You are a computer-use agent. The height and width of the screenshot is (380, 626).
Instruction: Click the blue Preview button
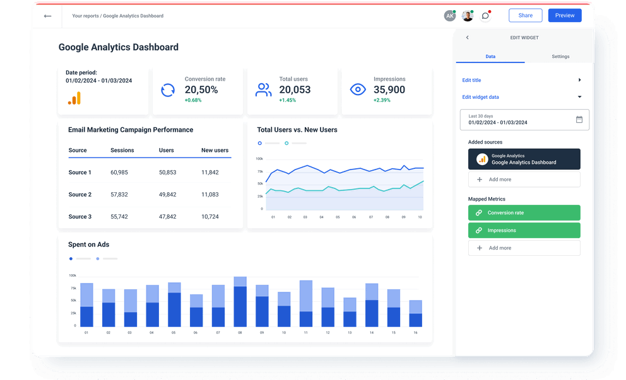564,16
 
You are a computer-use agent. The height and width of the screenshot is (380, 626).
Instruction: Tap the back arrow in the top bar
47,16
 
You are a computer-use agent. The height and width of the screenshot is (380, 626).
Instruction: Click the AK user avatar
449,16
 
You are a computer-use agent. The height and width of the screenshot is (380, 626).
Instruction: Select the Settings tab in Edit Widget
560,57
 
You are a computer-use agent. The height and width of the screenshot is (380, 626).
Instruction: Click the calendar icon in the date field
579,120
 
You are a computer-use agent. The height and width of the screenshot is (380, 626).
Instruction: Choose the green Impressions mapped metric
524,231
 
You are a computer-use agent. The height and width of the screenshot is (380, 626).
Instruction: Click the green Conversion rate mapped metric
524,213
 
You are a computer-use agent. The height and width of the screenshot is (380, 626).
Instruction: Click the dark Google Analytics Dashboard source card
524,159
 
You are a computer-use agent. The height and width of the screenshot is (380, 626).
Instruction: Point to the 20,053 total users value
295,90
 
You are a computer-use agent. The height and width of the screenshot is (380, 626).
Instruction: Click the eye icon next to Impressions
358,89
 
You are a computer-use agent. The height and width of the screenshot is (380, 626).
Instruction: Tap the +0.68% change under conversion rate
193,100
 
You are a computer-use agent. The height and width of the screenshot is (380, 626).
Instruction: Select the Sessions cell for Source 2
119,195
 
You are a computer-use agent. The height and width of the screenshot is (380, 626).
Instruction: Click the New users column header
215,151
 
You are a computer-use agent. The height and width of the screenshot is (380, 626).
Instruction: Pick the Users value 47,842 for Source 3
167,217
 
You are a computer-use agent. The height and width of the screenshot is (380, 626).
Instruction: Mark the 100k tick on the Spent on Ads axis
73,275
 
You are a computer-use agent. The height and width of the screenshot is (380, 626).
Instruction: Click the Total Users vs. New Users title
297,130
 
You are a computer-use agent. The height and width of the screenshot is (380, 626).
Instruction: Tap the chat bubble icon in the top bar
485,16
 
